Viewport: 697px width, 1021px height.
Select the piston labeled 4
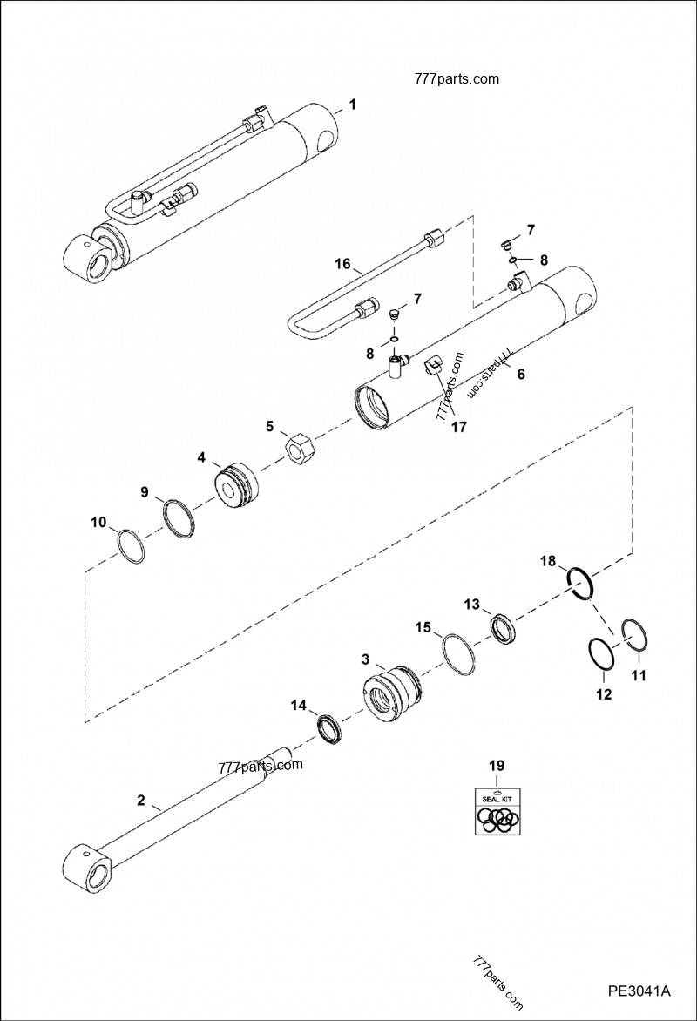[x=235, y=484]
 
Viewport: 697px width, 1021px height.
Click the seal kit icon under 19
[x=497, y=811]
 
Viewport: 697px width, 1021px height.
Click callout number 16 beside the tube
[x=342, y=264]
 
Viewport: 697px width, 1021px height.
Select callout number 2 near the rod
[x=141, y=801]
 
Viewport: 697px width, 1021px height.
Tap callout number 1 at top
[x=352, y=105]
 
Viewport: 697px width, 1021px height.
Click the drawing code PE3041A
[x=639, y=991]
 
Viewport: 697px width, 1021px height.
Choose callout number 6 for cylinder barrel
[x=521, y=374]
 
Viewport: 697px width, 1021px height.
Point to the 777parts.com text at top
[x=457, y=78]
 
